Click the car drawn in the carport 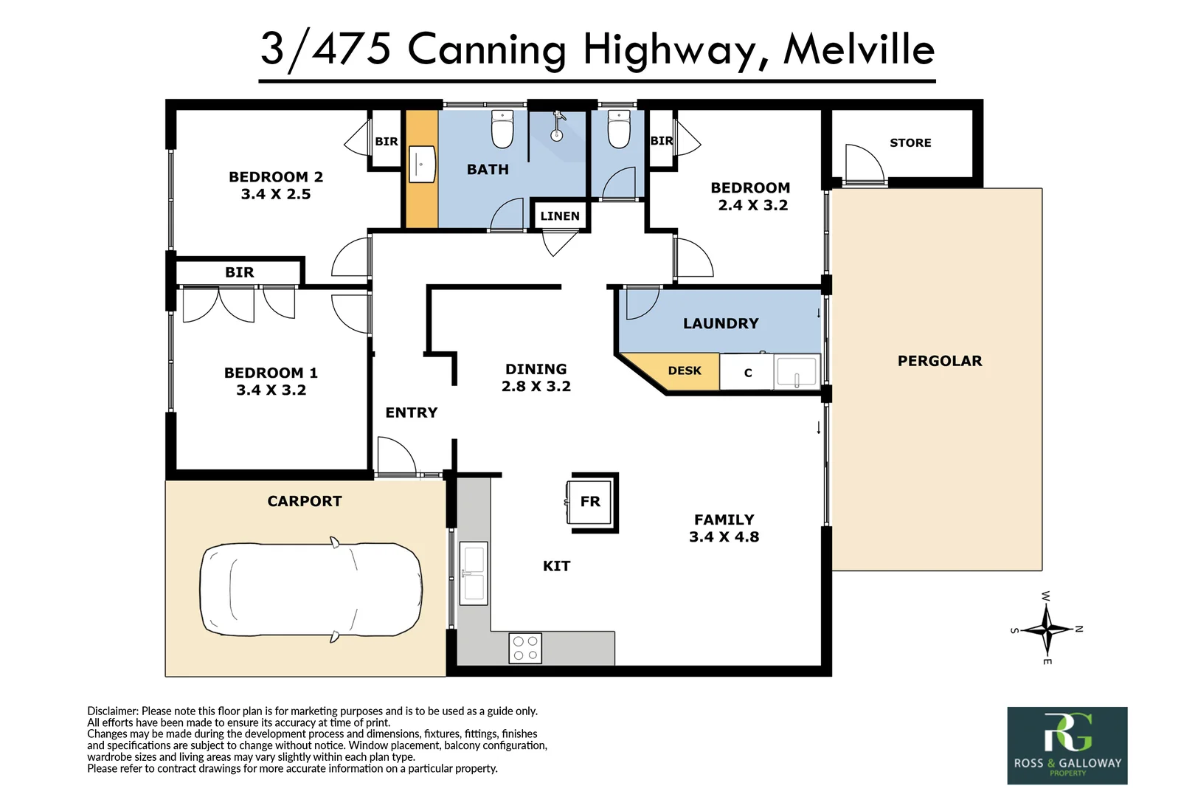311,589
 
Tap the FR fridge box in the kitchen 590,502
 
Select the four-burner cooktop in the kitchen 525,648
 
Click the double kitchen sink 473,573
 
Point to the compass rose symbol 1047,629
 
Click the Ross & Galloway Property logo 1067,745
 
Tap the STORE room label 910,142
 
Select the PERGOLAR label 939,361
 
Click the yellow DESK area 684,370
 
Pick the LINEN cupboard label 560,216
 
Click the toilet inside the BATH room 502,130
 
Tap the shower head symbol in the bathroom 558,126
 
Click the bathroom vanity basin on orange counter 422,164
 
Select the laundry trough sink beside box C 797,372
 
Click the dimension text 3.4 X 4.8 724,537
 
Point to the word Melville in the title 859,50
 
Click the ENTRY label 411,413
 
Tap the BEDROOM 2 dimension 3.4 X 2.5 275,194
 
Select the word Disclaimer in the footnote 112,711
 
